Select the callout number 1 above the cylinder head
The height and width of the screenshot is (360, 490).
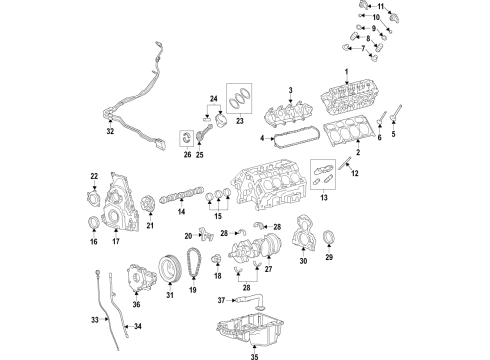[x=347, y=71]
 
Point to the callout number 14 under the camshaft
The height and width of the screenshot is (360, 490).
[x=182, y=213]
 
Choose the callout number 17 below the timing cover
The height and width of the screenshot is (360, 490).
[x=116, y=240]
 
